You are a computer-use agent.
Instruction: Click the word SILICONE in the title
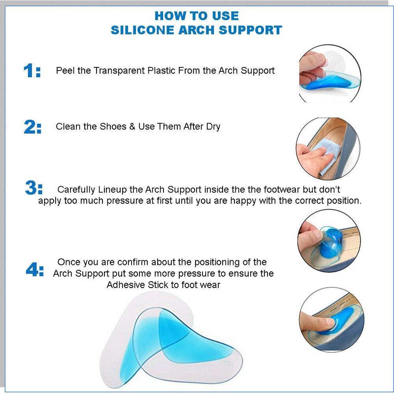click(142, 30)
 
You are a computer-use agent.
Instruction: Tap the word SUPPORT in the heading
click(250, 30)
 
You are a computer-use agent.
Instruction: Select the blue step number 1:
click(32, 70)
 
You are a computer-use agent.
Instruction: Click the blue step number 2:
click(33, 127)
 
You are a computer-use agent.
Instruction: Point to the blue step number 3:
click(33, 188)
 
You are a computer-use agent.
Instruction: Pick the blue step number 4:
click(34, 269)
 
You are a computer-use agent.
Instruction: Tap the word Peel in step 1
click(66, 70)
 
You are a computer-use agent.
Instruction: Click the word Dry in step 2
click(213, 127)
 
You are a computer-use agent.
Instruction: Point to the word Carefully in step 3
click(76, 190)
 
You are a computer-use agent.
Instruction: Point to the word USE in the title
click(226, 16)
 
